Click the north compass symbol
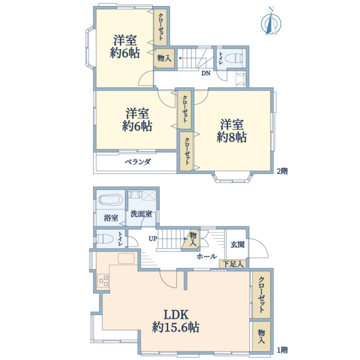tap(271, 22)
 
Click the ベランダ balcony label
tap(138, 162)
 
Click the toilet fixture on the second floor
tap(233, 58)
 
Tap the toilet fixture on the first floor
tap(104, 239)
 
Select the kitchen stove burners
tap(103, 281)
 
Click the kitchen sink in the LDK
tap(126, 259)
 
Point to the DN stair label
tap(206, 73)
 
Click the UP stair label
tap(152, 239)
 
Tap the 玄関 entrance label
tap(238, 245)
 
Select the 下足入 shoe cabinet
tap(233, 264)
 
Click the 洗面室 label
tap(141, 214)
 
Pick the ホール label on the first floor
tap(206, 256)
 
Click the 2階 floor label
tap(282, 171)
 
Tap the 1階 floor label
tap(282, 350)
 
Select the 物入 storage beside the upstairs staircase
tap(164, 58)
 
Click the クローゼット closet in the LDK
tap(261, 295)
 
